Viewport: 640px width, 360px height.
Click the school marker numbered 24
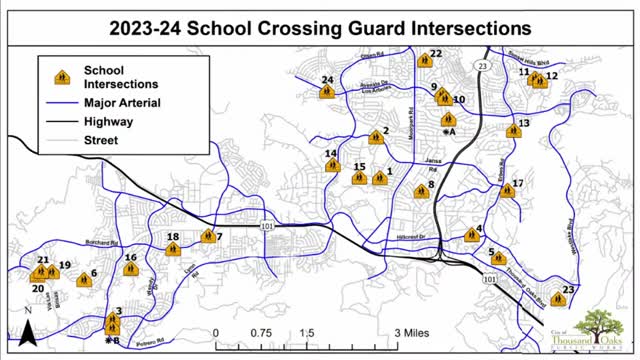pos(326,92)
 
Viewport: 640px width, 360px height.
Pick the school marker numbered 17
pos(507,188)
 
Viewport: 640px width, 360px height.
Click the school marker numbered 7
pos(208,237)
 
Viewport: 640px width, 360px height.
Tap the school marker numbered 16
pos(130,269)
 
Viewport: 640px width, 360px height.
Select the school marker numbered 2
pos(376,138)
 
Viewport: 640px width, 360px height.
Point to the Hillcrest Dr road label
pos(412,236)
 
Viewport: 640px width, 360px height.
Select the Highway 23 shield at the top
pos(483,65)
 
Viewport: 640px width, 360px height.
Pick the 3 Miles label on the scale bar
pos(411,332)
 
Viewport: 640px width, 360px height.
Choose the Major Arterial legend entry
pos(122,102)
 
